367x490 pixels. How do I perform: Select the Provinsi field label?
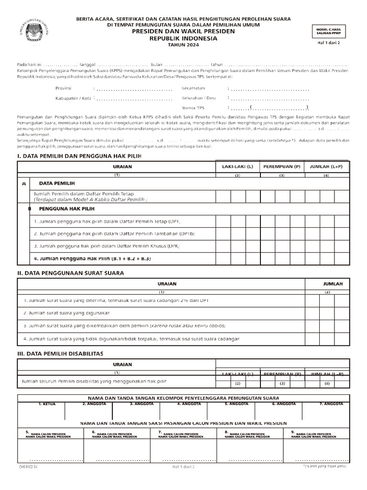click(64, 89)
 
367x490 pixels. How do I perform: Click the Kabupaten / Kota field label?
click(73, 98)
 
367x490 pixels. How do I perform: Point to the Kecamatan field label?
click(194, 88)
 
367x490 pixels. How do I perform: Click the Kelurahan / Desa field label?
click(199, 98)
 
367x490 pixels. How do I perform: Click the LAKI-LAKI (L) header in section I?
click(237, 167)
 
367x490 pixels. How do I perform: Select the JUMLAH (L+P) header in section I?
click(326, 167)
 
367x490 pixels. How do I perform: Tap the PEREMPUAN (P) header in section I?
click(282, 167)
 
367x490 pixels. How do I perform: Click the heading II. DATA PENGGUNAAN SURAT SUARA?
click(70, 273)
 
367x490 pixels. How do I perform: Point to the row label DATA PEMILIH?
click(56, 183)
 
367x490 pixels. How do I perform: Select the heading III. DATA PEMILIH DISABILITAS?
click(66, 353)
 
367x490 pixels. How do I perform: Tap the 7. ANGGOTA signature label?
click(331, 404)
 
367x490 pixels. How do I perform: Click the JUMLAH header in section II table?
click(333, 284)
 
